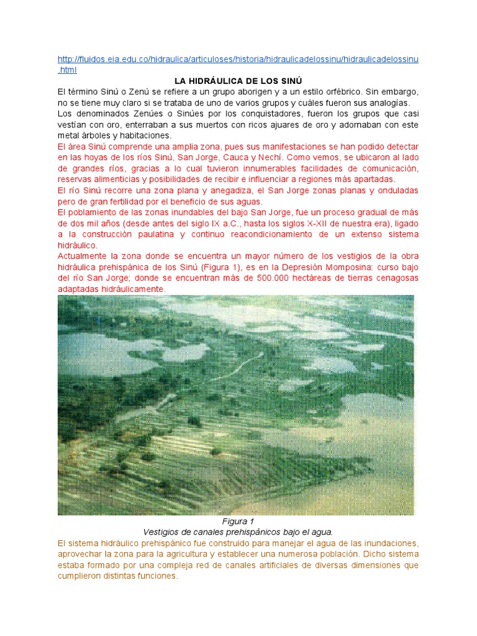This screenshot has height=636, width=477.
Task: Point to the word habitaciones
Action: coord(147,135)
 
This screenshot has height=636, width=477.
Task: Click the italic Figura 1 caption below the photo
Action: coord(238,521)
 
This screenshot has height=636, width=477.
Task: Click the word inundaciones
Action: coord(387,543)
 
